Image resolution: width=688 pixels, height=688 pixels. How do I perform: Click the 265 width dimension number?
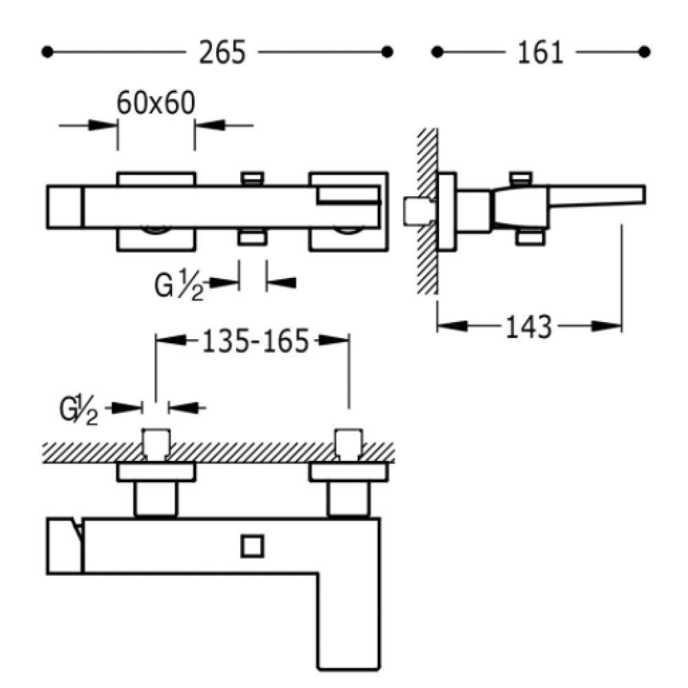222,53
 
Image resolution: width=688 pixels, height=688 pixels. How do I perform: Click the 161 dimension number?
540,53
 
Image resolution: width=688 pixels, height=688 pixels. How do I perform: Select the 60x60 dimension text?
155,103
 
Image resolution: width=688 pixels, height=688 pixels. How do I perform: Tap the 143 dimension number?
528,327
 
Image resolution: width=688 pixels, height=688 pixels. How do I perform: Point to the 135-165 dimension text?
255,341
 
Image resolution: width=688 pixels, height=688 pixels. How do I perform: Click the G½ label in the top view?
179,286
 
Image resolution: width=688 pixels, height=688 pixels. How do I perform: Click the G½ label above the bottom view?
78,410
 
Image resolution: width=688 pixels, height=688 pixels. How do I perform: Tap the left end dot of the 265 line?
47,52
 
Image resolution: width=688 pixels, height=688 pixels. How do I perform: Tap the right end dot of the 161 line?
644,52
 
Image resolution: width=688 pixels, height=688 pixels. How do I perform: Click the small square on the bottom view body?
252,546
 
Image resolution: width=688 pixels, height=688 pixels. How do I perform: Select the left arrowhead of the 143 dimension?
453,326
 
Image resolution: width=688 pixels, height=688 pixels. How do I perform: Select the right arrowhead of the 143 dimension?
606,326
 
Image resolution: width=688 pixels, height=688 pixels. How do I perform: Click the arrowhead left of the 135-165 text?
171,340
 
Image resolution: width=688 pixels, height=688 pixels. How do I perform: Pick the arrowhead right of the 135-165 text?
334,340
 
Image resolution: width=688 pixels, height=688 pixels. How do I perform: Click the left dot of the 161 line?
437,52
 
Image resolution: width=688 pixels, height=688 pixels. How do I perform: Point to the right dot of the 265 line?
387,52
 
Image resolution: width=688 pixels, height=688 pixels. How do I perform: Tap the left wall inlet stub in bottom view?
155,444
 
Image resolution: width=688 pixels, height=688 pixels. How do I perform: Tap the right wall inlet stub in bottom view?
349,444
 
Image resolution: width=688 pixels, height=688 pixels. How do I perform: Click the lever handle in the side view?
596,195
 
